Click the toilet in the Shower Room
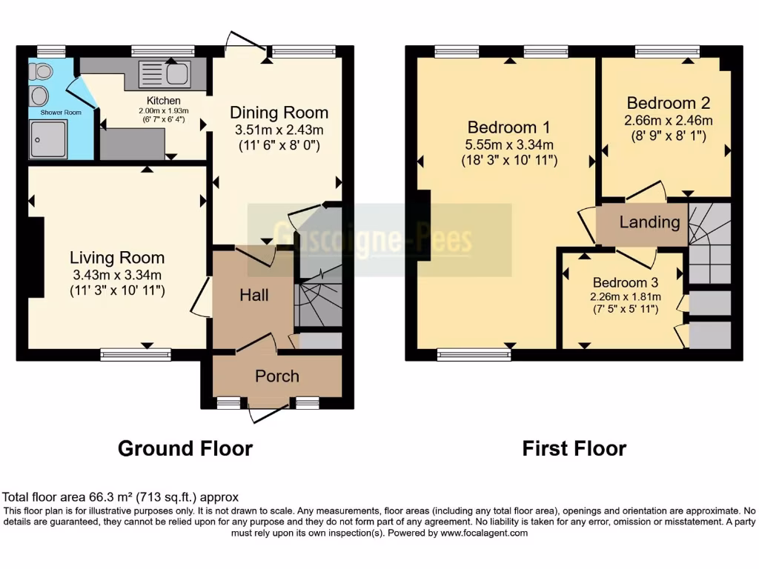42,72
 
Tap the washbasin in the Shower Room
39,96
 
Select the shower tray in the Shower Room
48,139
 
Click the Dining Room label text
279,113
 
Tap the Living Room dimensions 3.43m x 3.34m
117,274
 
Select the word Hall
253,295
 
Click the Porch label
277,376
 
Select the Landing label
649,222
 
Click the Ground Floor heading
185,448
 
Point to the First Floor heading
574,448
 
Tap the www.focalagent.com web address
483,533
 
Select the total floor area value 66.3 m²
93,497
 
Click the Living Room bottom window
136,355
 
